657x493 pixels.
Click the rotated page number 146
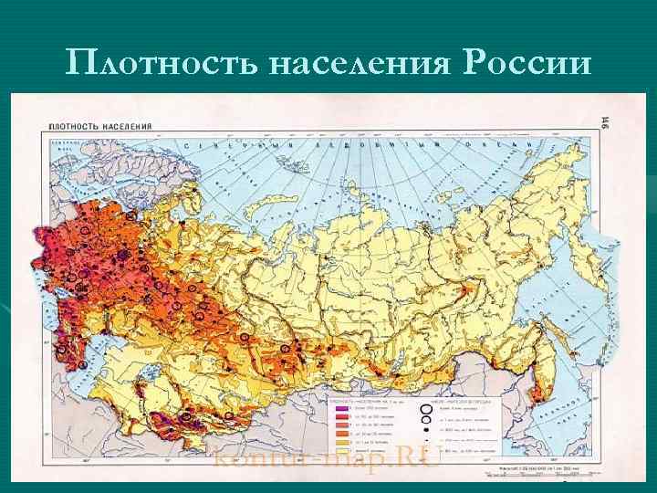606,123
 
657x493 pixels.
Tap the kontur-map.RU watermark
325,458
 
